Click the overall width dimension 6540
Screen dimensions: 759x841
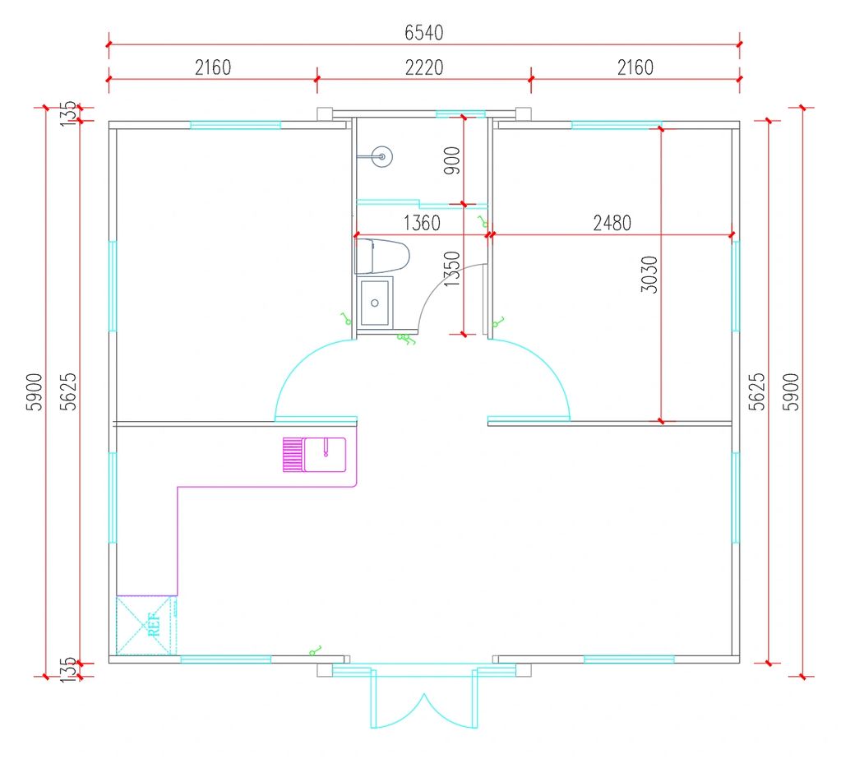tap(423, 33)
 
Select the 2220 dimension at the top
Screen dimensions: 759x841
tap(423, 67)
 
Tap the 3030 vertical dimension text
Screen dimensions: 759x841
tap(649, 275)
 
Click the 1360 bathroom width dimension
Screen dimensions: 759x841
tap(421, 223)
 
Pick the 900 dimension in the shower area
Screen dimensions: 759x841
tap(451, 162)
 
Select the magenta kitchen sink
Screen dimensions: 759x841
tap(315, 454)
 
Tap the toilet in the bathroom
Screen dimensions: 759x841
tap(382, 256)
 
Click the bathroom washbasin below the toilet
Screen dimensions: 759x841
tap(376, 301)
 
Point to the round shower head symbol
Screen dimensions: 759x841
tap(381, 155)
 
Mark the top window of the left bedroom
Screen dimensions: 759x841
tap(236, 125)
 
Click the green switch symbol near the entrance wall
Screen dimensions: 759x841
tap(315, 650)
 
